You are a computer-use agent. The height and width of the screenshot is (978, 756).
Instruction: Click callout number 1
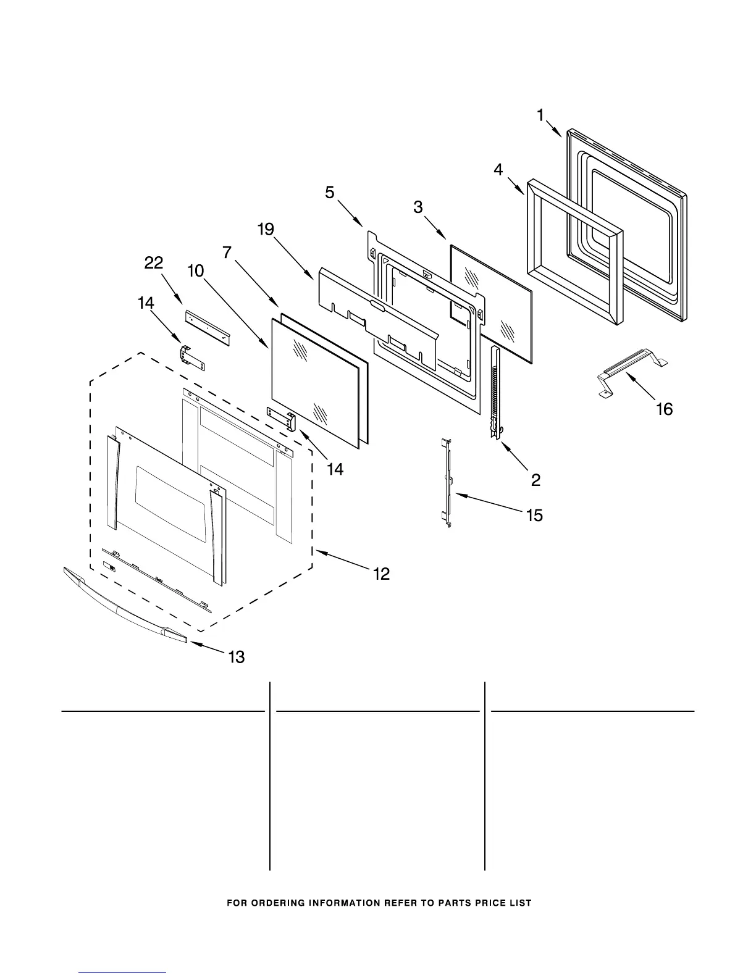pos(540,115)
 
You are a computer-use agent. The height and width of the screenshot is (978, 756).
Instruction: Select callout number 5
pos(330,193)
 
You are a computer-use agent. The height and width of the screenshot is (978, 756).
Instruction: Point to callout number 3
pos(418,207)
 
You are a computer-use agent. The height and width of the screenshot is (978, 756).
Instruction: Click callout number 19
pos(266,230)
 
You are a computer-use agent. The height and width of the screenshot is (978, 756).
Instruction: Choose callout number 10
pos(196,270)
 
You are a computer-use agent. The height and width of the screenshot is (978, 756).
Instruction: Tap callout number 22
pos(154,263)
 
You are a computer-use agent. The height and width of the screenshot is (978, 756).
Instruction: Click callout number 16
pos(665,409)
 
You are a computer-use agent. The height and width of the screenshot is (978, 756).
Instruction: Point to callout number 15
pos(534,515)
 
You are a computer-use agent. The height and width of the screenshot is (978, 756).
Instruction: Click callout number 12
pos(381,574)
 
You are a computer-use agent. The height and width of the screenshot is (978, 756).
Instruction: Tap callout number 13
pos(237,657)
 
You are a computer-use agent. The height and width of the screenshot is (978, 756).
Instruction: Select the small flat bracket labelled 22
pos(208,328)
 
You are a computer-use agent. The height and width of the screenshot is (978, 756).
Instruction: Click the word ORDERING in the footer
pos(272,903)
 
